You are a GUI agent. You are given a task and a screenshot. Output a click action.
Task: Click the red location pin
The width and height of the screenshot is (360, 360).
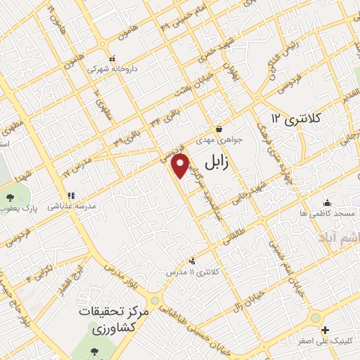[x=181, y=166]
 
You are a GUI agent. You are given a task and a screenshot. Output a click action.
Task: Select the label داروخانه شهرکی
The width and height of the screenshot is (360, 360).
[x=112, y=70]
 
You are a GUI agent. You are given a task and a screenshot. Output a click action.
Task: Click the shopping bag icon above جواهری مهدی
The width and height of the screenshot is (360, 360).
[x=220, y=129]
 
